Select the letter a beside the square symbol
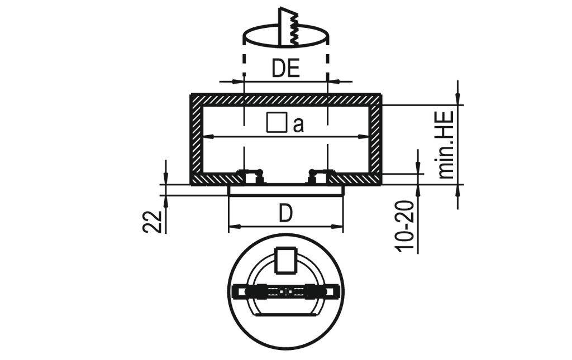tap(298, 125)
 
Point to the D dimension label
tap(285, 213)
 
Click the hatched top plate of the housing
tap(285, 99)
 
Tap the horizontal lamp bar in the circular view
tap(285, 291)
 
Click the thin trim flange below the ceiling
tap(286, 190)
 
